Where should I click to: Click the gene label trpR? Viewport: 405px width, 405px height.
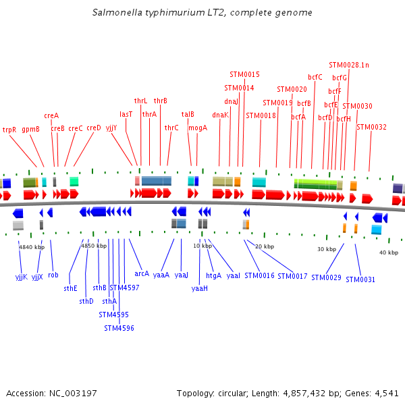pos(9,130)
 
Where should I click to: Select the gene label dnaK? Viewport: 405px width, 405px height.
pos(221,115)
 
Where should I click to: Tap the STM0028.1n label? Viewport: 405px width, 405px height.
pos(349,65)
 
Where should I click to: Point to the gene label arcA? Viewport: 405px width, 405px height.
pos(142,274)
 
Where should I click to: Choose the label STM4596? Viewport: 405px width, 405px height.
pos(119,329)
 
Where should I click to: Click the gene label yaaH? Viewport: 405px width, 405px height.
pos(200,288)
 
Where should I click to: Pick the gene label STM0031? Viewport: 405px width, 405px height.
pos(360,279)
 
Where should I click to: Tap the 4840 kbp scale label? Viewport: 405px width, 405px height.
pos(32,248)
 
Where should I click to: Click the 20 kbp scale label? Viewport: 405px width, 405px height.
pos(265,246)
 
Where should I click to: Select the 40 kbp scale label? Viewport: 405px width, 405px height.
pos(388,252)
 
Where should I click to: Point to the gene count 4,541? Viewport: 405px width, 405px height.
pos(385,393)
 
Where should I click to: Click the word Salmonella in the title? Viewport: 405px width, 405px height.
pos(116,13)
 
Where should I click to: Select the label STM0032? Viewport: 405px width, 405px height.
pos(372,127)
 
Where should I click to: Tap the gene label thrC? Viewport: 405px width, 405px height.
pos(171,128)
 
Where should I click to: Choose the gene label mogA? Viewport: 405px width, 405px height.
pos(198,128)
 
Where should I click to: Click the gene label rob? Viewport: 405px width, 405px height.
pos(53,275)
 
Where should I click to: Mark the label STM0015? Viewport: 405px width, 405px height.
pos(244,74)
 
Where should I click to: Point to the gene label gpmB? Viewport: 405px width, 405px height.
pos(31,130)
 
